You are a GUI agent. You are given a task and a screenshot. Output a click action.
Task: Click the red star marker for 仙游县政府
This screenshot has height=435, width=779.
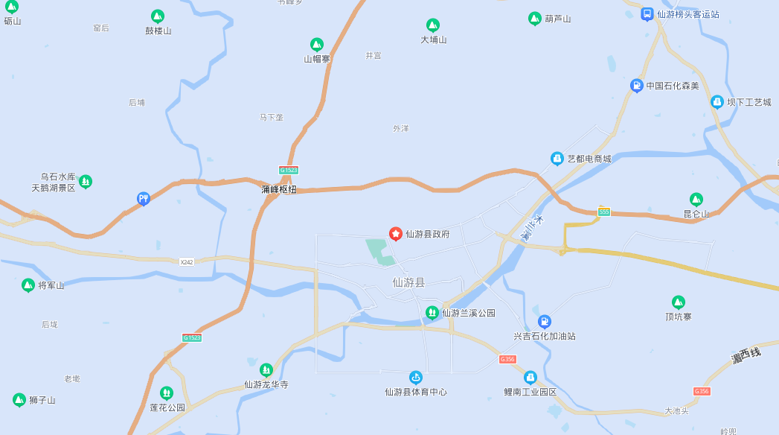click(x=396, y=234)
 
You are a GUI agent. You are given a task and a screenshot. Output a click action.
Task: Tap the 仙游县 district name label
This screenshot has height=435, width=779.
click(x=408, y=282)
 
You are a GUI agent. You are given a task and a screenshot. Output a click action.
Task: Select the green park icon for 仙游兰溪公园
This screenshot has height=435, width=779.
click(x=432, y=312)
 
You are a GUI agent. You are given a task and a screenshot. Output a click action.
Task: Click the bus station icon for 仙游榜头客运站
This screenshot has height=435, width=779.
click(x=647, y=13)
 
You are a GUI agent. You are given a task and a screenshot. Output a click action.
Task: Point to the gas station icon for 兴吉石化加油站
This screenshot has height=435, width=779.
click(x=545, y=321)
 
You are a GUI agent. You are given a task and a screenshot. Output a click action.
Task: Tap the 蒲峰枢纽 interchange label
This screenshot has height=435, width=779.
click(x=279, y=189)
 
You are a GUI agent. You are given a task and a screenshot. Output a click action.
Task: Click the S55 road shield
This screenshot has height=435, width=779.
click(x=603, y=212)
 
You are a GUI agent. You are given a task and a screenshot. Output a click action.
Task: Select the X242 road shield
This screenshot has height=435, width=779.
click(x=187, y=261)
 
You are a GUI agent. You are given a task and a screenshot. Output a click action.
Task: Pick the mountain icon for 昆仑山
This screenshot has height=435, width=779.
click(x=696, y=199)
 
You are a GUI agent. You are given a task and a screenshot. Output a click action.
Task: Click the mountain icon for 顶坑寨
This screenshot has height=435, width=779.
click(x=678, y=302)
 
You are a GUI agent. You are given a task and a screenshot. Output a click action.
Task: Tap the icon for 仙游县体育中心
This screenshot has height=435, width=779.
click(x=415, y=377)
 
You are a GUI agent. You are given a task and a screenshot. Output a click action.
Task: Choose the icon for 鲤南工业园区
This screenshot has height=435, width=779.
click(x=530, y=377)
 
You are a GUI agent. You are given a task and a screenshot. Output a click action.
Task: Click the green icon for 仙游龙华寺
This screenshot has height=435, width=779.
click(x=266, y=369)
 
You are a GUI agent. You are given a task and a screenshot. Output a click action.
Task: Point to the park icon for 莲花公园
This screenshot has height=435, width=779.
click(x=167, y=393)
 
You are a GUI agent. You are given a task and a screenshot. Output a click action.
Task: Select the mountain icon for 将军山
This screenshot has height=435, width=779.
click(x=28, y=285)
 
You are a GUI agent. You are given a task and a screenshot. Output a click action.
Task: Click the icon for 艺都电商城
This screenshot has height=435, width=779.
click(x=557, y=158)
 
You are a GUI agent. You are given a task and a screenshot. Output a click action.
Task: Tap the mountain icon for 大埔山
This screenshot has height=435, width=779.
click(x=432, y=25)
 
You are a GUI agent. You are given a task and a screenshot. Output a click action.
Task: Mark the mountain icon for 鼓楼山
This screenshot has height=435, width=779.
click(x=157, y=16)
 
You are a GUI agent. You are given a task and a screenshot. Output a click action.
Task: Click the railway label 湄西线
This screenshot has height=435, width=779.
click(x=746, y=355)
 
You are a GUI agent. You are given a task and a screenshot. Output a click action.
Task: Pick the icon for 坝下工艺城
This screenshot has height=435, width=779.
click(x=717, y=101)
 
